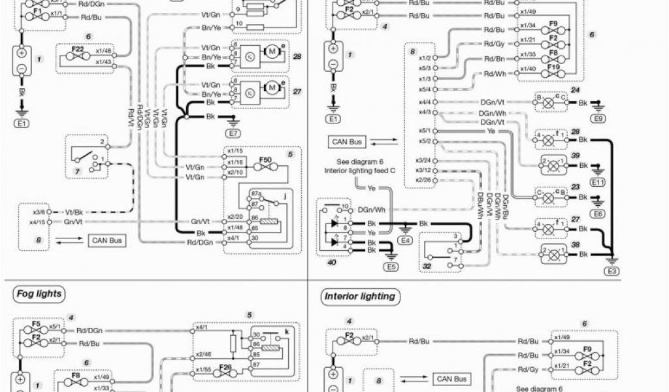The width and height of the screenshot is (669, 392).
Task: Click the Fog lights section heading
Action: coord(39,294)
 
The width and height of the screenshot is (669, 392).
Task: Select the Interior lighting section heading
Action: coord(360,297)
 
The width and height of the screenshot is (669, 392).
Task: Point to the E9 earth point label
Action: coord(596,119)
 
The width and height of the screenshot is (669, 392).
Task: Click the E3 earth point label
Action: coord(613,270)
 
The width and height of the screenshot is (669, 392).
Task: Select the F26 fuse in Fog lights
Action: coord(226,370)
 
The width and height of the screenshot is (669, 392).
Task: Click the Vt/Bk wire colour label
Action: coord(73,212)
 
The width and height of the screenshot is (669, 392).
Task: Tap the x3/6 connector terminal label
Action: coord(40,212)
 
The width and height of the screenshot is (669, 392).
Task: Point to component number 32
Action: coord(427,266)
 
